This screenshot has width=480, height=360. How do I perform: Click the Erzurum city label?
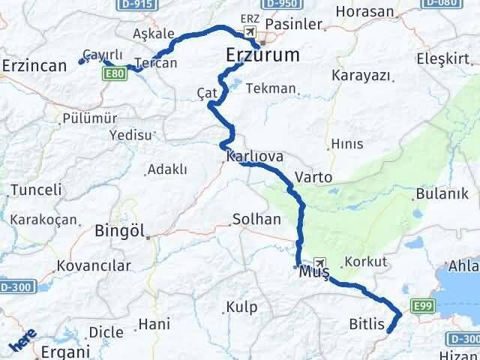coord(262,55)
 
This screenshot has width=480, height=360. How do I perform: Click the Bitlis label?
coord(367,325)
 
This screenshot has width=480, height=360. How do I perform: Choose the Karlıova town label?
coord(254,157)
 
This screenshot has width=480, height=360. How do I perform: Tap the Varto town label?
coord(313,178)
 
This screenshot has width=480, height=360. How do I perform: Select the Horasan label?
coord(364,12)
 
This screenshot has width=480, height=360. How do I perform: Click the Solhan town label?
coord(256,220)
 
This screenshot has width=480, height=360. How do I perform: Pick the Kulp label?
coord(241,307)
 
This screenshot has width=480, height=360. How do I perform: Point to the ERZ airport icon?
coord(248,31)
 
